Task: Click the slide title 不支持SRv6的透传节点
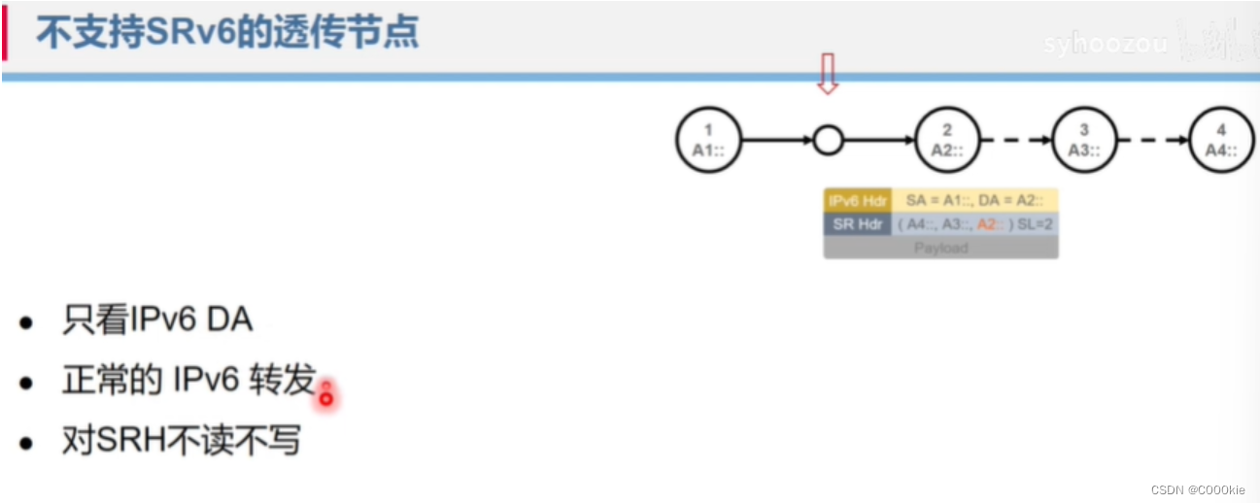227,33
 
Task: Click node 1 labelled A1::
708,140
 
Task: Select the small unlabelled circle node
827,141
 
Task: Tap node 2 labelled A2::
947,140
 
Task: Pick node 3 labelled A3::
1084,140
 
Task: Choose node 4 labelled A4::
1221,140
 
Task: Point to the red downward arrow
827,74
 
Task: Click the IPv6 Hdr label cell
857,200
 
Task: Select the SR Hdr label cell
857,223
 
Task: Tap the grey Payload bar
940,248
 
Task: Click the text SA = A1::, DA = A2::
974,200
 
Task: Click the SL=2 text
1035,223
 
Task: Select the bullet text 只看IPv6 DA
156,321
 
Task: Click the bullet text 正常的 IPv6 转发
188,381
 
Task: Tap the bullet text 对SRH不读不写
181,441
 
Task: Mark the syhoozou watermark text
1105,45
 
